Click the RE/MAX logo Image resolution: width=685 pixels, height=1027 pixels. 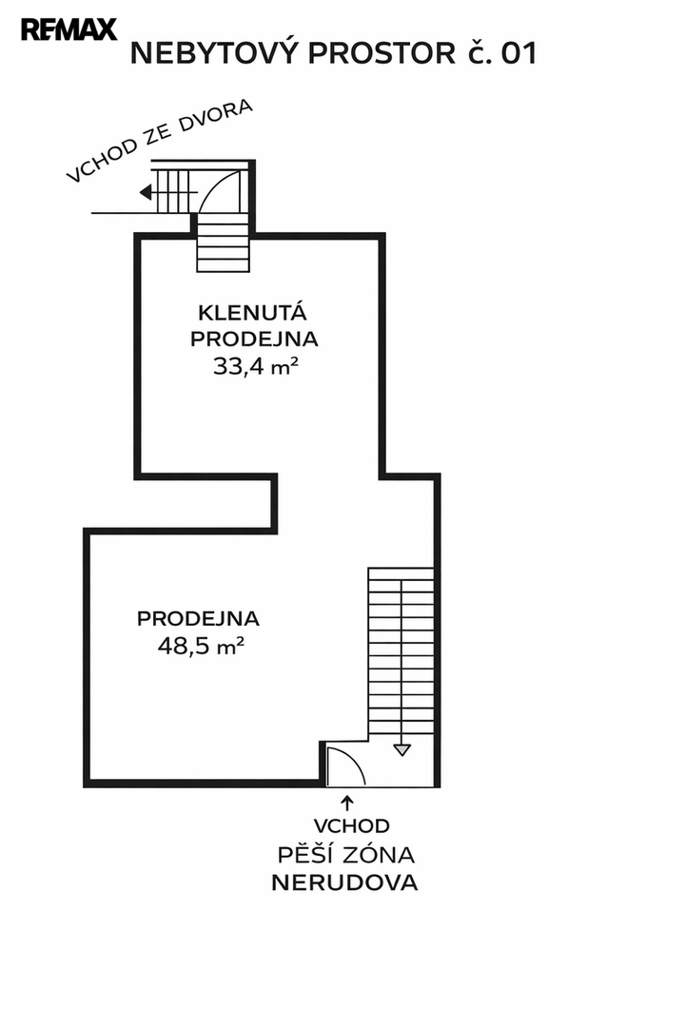(68, 29)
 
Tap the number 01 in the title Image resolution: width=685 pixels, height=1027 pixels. (519, 54)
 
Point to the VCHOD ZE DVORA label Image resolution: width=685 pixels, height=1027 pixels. (159, 140)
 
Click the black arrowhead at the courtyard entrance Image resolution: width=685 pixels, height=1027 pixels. (146, 193)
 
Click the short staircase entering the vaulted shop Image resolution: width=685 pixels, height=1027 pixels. (225, 242)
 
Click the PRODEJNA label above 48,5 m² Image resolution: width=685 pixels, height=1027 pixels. (198, 618)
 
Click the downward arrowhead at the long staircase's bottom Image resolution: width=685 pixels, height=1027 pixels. (401, 749)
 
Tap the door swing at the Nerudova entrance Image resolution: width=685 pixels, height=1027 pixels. (342, 766)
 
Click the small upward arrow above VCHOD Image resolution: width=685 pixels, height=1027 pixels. (345, 804)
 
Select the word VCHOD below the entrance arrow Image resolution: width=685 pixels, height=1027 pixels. (351, 826)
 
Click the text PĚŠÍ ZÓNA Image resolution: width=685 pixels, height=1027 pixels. (345, 854)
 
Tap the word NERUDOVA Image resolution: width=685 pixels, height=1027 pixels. (344, 882)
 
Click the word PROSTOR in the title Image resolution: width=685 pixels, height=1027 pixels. (379, 54)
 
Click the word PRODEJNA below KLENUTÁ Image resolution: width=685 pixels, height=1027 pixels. (254, 339)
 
